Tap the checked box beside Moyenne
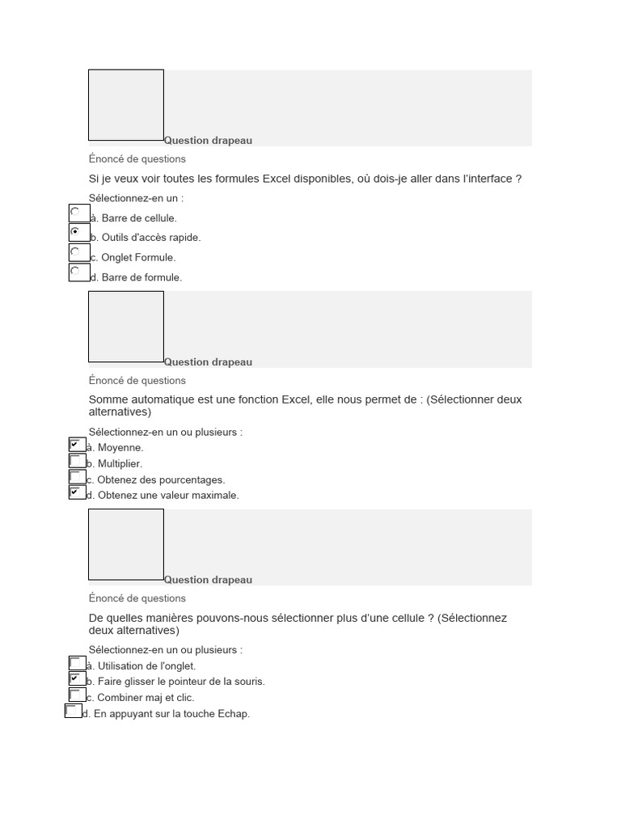(x=76, y=445)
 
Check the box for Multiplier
(x=76, y=461)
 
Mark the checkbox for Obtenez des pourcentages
(x=76, y=476)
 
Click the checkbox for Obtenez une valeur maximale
(x=76, y=492)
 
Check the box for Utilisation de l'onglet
(x=76, y=663)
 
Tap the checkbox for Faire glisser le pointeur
(x=76, y=678)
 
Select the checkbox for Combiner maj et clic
(x=76, y=695)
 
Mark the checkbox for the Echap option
(x=72, y=711)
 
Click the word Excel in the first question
(x=278, y=179)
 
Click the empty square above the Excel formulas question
(x=126, y=105)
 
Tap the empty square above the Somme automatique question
(x=126, y=327)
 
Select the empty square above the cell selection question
(x=126, y=544)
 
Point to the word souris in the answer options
(x=248, y=682)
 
